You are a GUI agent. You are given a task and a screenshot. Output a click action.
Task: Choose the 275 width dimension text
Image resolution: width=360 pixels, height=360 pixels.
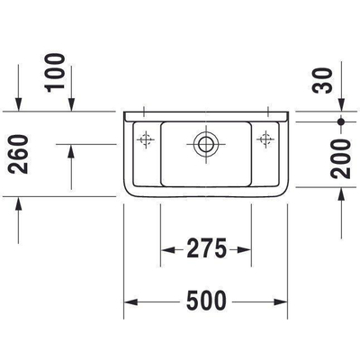coord(206,248)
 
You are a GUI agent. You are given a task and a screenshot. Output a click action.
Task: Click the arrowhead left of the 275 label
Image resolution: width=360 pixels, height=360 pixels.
coord(167,248)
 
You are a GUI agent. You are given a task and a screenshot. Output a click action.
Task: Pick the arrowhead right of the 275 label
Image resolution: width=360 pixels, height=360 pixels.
coord(244,248)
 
